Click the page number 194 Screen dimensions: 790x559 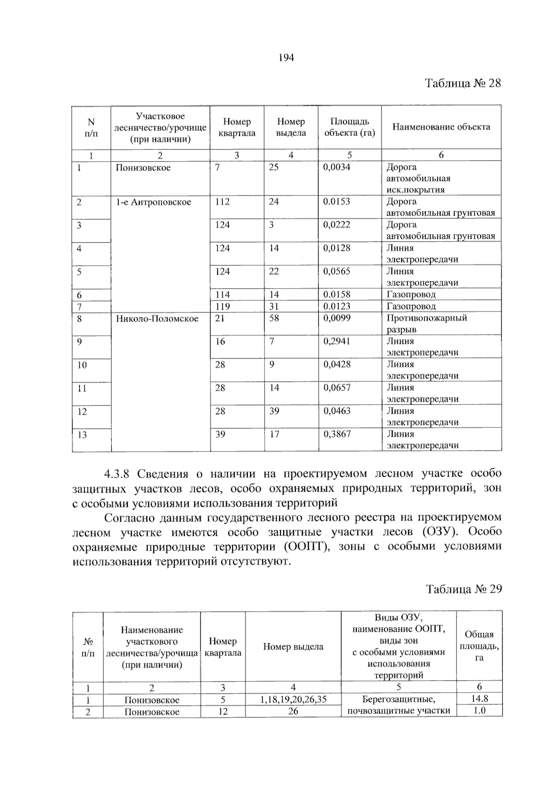coord(286,58)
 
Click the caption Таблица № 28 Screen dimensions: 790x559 coord(463,83)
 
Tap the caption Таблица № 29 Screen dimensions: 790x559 coord(464,589)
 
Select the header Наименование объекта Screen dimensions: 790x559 coord(441,127)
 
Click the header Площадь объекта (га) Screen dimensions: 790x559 coord(349,127)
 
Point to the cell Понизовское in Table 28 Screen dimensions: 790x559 coord(143,168)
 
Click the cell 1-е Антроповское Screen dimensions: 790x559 coord(153,202)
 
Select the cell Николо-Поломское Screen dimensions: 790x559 coord(157,318)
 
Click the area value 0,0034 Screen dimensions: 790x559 coord(337,167)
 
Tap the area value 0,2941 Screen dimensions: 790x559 coord(337,341)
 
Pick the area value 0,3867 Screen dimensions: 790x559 coord(337,434)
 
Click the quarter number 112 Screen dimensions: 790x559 coord(222,202)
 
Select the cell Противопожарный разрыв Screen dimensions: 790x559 coord(426,324)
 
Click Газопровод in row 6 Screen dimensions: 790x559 coord(411,295)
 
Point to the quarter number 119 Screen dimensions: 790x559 coord(222,306)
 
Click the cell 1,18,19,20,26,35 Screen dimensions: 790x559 coord(293,699)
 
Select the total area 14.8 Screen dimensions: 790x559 coord(479,699)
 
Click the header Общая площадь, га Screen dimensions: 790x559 coord(479,646)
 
